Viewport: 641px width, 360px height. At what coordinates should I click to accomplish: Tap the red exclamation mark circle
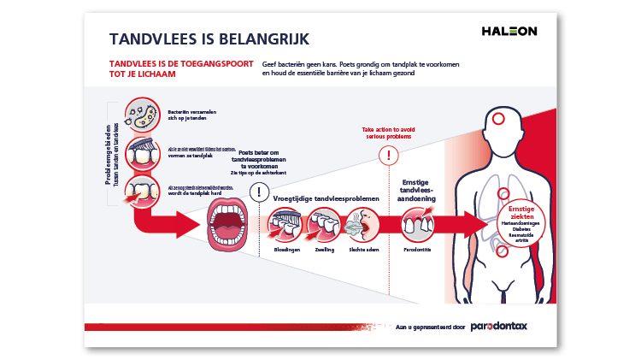[x=390, y=155]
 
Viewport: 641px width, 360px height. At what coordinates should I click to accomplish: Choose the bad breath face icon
[x=362, y=224]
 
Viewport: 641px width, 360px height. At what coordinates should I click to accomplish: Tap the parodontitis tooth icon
[x=417, y=224]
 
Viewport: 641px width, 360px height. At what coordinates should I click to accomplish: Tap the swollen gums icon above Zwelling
[x=323, y=224]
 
